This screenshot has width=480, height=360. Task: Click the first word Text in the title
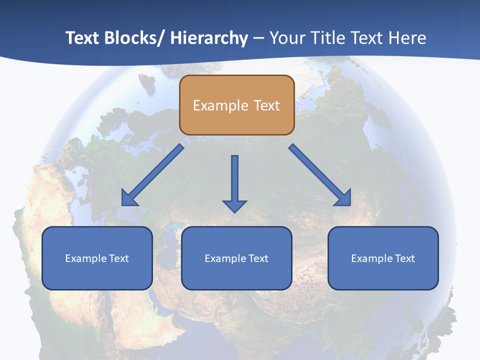click(x=83, y=38)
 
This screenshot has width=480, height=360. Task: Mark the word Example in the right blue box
click(x=370, y=258)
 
